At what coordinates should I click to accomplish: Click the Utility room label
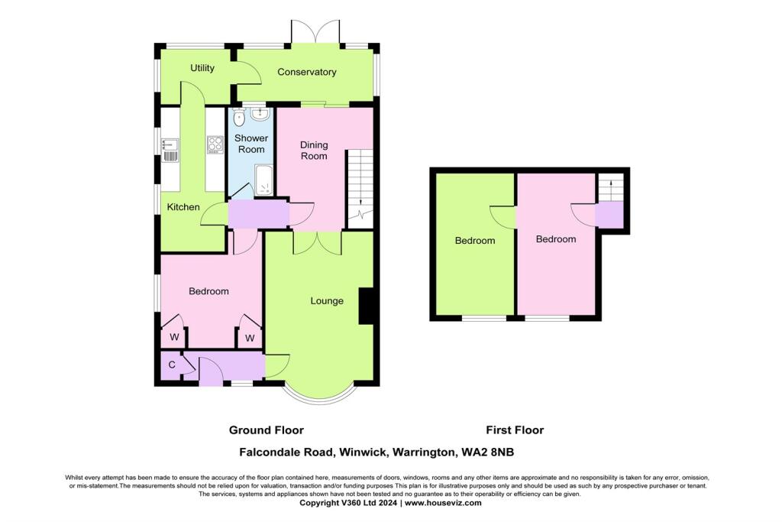pyautogui.click(x=202, y=68)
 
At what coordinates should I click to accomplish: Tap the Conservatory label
pyautogui.click(x=307, y=72)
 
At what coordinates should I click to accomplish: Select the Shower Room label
pyautogui.click(x=251, y=144)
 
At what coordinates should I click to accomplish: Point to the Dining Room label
pyautogui.click(x=313, y=150)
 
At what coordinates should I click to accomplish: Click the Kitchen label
pyautogui.click(x=183, y=207)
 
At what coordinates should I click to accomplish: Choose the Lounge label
pyautogui.click(x=327, y=300)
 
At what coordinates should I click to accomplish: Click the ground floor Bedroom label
pyautogui.click(x=208, y=291)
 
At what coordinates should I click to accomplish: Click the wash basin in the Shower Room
pyautogui.click(x=260, y=115)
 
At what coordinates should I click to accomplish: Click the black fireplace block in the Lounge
pyautogui.click(x=366, y=306)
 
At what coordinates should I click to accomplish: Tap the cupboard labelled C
pyautogui.click(x=172, y=365)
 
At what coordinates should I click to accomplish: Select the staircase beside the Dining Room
pyautogui.click(x=360, y=187)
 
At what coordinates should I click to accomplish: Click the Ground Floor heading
pyautogui.click(x=271, y=430)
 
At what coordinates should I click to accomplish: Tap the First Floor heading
pyautogui.click(x=515, y=430)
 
